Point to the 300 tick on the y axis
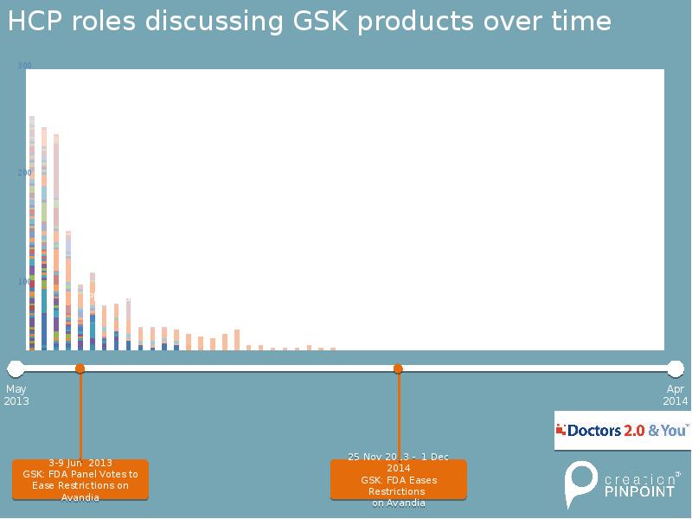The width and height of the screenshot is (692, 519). pyautogui.click(x=24, y=66)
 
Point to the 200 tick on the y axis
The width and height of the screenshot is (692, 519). pyautogui.click(x=24, y=173)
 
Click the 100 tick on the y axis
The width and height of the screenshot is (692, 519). pyautogui.click(x=24, y=282)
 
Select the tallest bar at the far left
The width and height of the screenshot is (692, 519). pyautogui.click(x=32, y=234)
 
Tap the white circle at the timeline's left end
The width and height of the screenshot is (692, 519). pyautogui.click(x=15, y=368)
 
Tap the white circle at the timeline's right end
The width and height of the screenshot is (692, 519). pyautogui.click(x=676, y=368)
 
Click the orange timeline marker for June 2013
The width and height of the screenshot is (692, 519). pyautogui.click(x=80, y=369)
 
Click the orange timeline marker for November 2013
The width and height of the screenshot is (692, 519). pyautogui.click(x=399, y=369)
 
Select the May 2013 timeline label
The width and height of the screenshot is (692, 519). pyautogui.click(x=16, y=395)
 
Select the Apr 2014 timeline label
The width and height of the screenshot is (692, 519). pyautogui.click(x=676, y=395)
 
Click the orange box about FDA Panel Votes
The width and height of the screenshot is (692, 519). pyautogui.click(x=80, y=479)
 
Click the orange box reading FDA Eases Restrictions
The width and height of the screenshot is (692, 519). pyautogui.click(x=399, y=479)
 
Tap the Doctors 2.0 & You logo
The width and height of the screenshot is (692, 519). pyautogui.click(x=623, y=430)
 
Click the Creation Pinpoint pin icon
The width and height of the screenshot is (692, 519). pyautogui.click(x=579, y=484)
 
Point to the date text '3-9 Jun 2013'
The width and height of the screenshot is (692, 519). pyautogui.click(x=80, y=463)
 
